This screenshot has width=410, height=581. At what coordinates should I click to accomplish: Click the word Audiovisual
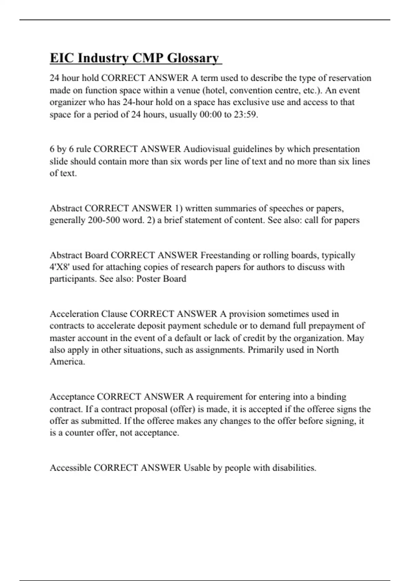pos(207,149)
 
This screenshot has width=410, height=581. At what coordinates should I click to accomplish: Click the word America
pos(67,362)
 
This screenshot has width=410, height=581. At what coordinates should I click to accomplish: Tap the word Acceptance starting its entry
pos(72,397)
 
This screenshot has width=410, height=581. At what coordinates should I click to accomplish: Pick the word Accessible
pos(70,468)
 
